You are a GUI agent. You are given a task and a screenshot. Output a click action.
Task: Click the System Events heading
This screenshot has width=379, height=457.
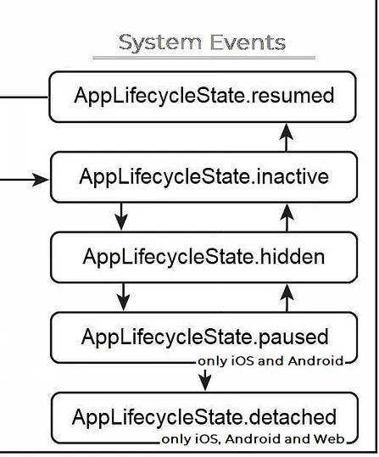pyautogui.click(x=202, y=43)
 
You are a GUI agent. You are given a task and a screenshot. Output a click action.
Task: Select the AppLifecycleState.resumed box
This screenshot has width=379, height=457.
pyautogui.click(x=203, y=97)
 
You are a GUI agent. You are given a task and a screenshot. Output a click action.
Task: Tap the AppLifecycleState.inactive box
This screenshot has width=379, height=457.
pyautogui.click(x=203, y=177)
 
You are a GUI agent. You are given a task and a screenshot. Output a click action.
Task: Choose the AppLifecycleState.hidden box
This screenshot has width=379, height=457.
pyautogui.click(x=203, y=257)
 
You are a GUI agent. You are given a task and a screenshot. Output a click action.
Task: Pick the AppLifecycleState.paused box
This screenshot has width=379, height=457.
pyautogui.click(x=203, y=337)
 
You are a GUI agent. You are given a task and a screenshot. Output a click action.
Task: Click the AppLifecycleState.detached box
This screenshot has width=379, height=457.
pyautogui.click(x=204, y=418)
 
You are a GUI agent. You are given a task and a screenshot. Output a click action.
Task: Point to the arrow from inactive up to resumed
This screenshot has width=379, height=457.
pyautogui.click(x=287, y=137)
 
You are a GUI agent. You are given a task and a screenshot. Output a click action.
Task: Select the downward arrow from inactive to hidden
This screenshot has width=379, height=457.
pyautogui.click(x=121, y=216)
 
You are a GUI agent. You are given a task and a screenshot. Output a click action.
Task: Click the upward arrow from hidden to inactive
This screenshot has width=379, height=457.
pyautogui.click(x=287, y=218)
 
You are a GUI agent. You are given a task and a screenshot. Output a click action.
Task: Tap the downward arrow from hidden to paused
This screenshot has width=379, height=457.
pyautogui.click(x=123, y=297)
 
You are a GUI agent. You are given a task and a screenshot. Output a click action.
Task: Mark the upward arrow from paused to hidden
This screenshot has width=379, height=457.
pyautogui.click(x=287, y=298)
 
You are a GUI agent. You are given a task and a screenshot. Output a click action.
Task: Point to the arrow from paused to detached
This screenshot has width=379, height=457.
pyautogui.click(x=205, y=380)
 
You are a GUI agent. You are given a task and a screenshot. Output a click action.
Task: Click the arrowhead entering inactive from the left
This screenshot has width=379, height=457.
pyautogui.click(x=40, y=180)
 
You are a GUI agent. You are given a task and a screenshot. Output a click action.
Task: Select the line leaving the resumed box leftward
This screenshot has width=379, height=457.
pyautogui.click(x=24, y=97)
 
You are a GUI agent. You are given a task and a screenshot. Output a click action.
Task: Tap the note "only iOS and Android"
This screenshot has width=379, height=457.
pyautogui.click(x=270, y=361)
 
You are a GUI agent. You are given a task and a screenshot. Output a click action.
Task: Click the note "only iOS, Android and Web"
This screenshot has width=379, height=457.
pyautogui.click(x=253, y=439)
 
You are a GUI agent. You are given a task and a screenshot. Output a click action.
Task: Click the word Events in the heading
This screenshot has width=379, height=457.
pyautogui.click(x=248, y=42)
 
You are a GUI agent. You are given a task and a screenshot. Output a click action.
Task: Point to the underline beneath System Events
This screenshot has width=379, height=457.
pyautogui.click(x=203, y=58)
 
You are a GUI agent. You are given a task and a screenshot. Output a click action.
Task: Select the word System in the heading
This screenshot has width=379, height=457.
pyautogui.click(x=160, y=43)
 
